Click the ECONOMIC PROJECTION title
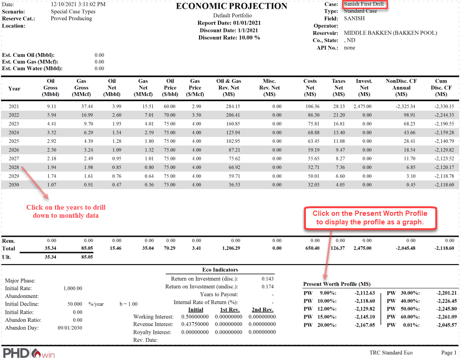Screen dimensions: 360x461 click(x=231, y=6)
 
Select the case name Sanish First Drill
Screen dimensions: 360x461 click(x=364, y=4)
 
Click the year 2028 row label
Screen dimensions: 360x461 click(x=14, y=168)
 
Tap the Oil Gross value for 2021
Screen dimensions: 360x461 click(x=51, y=106)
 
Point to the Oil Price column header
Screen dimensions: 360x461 click(x=170, y=88)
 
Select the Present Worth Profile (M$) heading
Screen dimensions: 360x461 click(x=337, y=284)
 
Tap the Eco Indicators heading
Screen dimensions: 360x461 click(x=220, y=270)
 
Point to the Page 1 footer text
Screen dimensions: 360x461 click(x=448, y=353)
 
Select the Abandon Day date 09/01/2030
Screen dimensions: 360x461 click(x=71, y=328)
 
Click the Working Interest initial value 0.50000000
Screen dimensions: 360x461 click(x=195, y=317)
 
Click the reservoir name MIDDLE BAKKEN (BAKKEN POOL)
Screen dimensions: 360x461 click(x=390, y=33)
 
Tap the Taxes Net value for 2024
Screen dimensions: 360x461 click(x=338, y=132)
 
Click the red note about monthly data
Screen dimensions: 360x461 click(x=66, y=212)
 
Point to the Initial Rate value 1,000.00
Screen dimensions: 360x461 click(x=73, y=288)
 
